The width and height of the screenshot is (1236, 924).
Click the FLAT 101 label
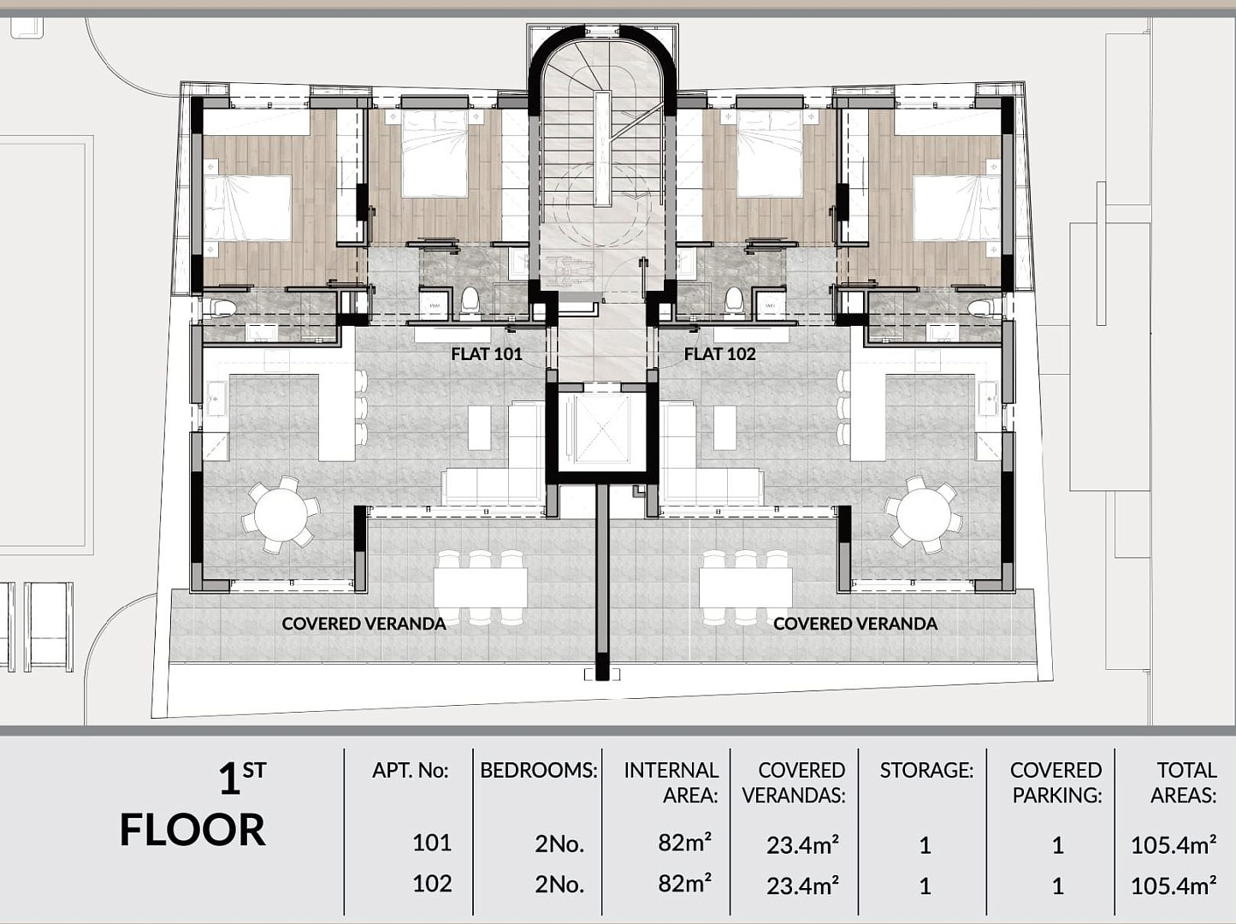coord(487,354)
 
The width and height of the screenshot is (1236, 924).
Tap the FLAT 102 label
coord(719,354)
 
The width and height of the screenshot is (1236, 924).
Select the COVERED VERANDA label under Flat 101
coord(364,624)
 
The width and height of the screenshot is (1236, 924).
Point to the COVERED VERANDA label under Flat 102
coord(855,624)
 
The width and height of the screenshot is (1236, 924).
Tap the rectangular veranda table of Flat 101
coord(481,588)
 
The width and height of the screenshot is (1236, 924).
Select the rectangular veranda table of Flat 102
coord(746,588)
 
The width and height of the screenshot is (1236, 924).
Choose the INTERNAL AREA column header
coord(671,783)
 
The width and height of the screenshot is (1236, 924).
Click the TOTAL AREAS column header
coord(1183,783)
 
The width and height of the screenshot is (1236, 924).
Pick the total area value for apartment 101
coord(1174,844)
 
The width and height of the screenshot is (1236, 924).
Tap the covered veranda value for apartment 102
coord(802,886)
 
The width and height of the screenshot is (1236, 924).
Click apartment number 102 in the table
coord(432,884)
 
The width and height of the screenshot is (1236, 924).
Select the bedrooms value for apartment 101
coord(559,844)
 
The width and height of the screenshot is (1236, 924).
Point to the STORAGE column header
coord(926,770)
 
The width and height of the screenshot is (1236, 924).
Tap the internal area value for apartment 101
coord(685,843)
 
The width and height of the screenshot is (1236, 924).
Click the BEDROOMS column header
coord(538,770)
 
